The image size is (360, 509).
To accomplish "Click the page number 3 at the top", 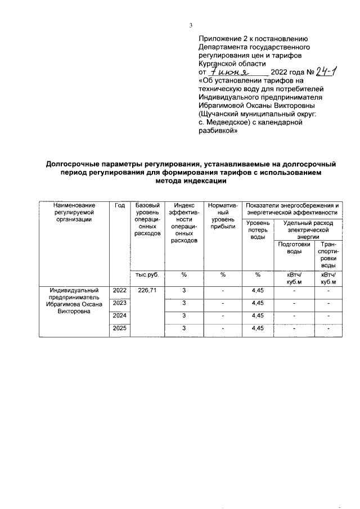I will (x=191, y=25).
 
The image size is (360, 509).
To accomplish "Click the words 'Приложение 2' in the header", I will (x=223, y=39).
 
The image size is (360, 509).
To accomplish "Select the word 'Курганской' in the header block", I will (x=219, y=64).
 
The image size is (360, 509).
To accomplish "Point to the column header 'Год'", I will (x=119, y=205).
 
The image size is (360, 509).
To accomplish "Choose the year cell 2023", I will (x=119, y=303).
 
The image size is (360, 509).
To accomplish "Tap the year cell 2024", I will (x=119, y=316).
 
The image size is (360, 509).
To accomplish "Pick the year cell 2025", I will (x=119, y=328).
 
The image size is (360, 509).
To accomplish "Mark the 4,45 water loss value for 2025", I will (x=257, y=328).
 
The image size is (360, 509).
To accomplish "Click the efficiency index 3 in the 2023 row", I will (x=184, y=303).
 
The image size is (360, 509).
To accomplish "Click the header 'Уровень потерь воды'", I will (x=257, y=230).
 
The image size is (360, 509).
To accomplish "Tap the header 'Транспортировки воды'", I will (x=328, y=254).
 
